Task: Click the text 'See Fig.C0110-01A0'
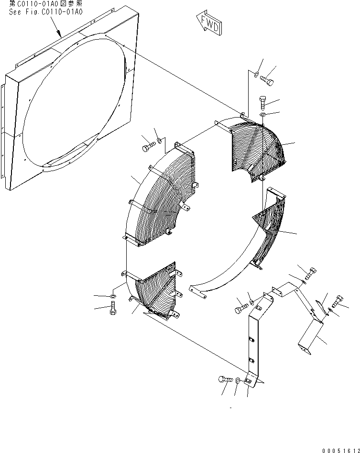click(45, 11)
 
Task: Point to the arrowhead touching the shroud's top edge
click(59, 35)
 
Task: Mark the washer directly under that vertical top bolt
click(262, 115)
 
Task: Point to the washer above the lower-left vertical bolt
click(113, 297)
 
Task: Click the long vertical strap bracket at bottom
click(253, 339)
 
